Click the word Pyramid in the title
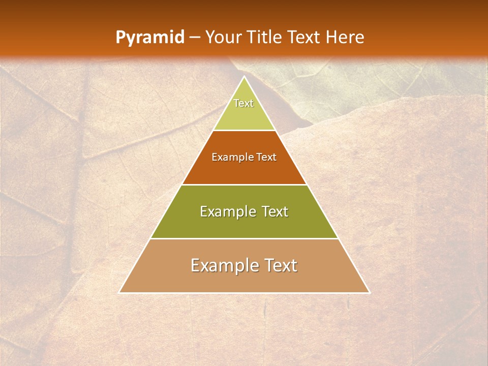click(x=149, y=38)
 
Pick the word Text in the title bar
click(x=304, y=38)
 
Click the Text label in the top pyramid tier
click(x=243, y=104)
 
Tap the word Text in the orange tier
click(x=266, y=158)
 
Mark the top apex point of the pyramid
click(x=244, y=76)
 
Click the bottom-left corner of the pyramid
click(x=119, y=293)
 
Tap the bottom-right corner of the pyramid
click(x=370, y=293)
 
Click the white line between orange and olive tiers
click(x=244, y=185)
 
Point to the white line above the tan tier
click(x=244, y=238)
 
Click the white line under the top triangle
click(x=244, y=131)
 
